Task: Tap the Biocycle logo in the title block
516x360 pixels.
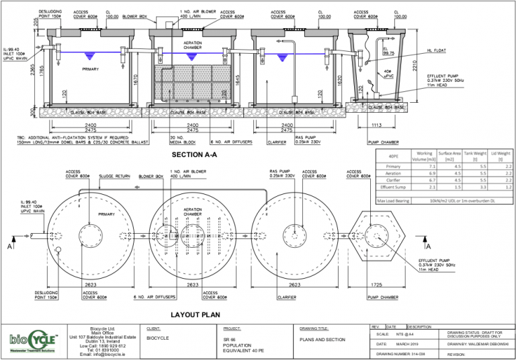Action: pos(36,343)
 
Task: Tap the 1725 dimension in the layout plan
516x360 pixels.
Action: pos(376,285)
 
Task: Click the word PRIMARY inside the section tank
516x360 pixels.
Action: pos(91,69)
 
